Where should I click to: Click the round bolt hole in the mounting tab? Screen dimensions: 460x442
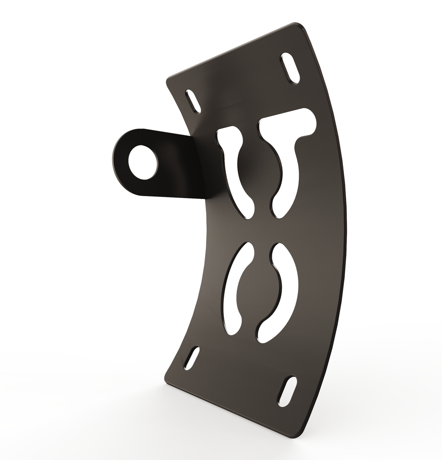142,162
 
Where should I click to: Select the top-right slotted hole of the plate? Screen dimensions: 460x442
291,68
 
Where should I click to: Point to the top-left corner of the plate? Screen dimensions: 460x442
169,79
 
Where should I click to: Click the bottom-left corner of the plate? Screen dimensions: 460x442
167,379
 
